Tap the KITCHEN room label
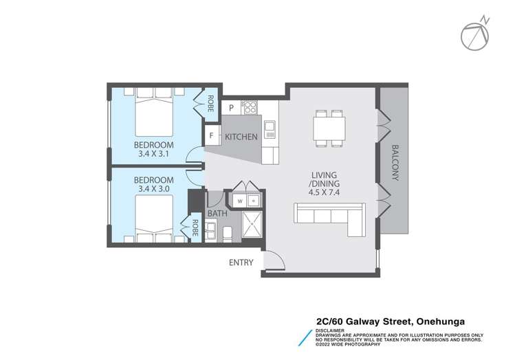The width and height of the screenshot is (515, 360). coord(241,137)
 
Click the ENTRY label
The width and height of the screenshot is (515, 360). coord(242,262)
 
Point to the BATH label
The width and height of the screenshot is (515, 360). coord(217,214)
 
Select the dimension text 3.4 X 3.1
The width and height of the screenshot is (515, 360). coord(154,155)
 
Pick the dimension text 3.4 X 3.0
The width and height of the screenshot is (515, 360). coord(154,187)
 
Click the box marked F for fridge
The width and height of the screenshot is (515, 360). coord(210,135)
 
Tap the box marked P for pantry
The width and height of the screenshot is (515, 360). coord(232,107)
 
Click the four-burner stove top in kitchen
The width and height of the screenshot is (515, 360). coord(248,107)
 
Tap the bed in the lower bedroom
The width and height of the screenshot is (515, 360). coord(155,218)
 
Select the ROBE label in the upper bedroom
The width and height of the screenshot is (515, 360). coord(210,103)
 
